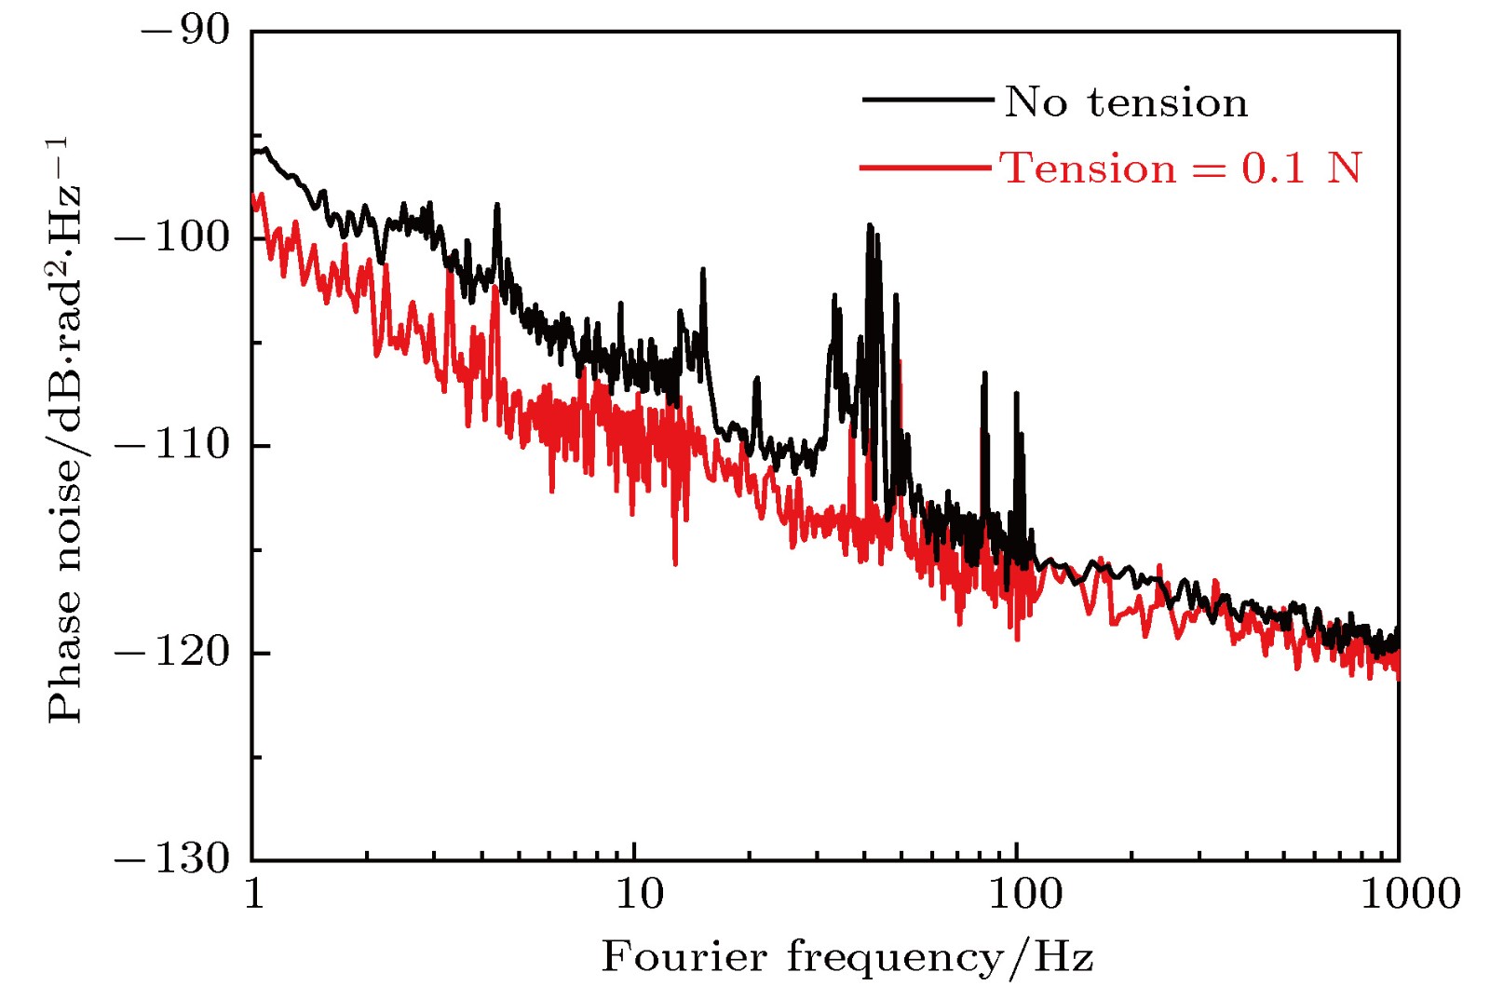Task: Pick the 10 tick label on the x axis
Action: point(639,894)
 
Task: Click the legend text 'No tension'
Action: point(1126,101)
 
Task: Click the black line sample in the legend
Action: point(927,99)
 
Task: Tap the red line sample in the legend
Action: point(925,168)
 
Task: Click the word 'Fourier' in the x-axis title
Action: point(685,956)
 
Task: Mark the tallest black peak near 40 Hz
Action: point(870,225)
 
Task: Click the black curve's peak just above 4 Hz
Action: point(497,205)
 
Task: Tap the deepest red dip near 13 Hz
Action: point(675,563)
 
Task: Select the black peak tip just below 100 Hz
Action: point(1016,394)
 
